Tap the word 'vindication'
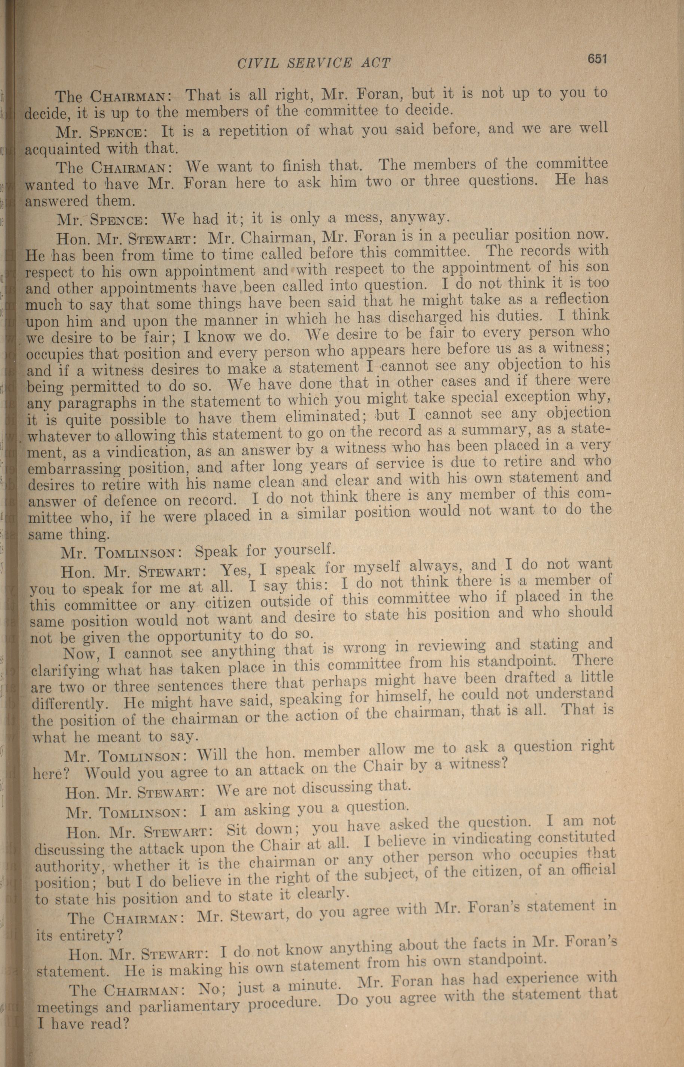click(x=147, y=452)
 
